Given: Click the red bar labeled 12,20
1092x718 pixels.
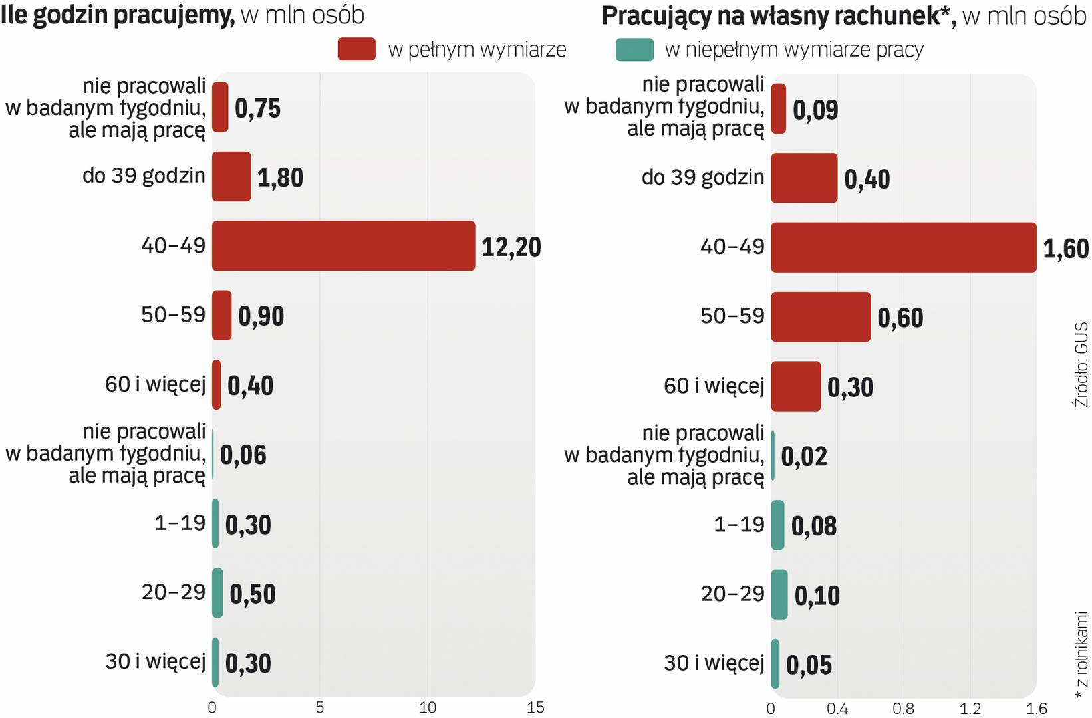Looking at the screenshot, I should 343,246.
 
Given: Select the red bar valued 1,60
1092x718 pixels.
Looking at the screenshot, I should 903,247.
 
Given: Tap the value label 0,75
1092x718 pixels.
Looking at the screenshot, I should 257,108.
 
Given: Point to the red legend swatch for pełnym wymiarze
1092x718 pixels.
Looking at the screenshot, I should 356,50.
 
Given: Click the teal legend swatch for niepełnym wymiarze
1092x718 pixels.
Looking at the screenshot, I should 634,50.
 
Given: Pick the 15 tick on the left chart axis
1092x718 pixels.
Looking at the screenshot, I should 535,707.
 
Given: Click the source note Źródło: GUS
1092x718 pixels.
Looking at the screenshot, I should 1081,365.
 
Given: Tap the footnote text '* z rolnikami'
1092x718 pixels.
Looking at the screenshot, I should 1081,655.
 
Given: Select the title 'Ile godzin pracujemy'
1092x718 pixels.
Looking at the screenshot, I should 118,15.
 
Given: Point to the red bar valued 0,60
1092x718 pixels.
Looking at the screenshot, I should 821,317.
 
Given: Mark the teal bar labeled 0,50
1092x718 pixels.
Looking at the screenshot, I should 217,593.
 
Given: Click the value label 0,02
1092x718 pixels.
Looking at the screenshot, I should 804,457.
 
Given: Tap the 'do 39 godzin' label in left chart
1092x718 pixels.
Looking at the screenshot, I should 144,176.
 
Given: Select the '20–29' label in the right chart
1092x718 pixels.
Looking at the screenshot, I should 732,594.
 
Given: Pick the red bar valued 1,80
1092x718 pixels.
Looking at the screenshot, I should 231,177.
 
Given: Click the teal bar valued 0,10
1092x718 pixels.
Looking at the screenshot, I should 779,594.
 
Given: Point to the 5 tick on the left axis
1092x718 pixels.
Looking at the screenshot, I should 320,707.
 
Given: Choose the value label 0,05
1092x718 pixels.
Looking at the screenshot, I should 809,665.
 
